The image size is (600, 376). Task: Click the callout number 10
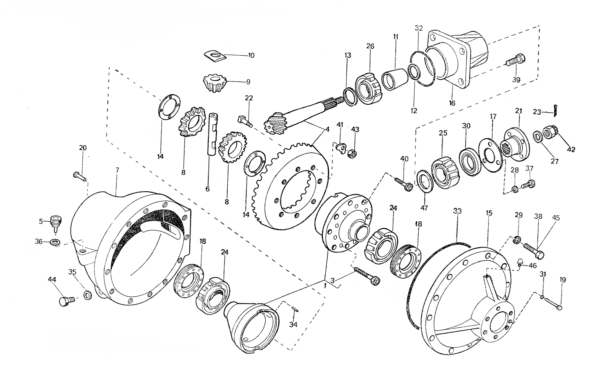(251, 55)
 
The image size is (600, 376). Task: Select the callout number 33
(457, 211)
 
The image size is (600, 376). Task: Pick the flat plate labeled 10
(215, 56)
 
